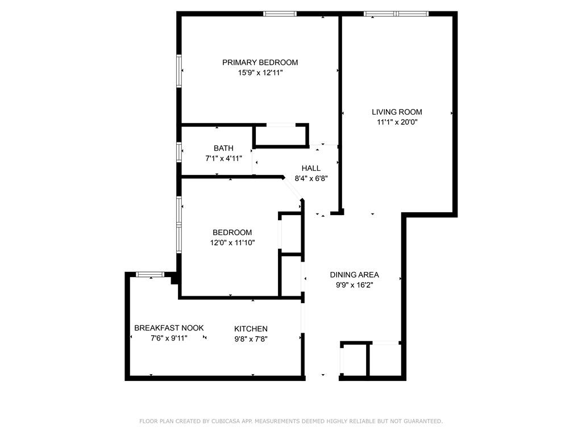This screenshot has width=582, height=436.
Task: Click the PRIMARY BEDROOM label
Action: [x=260, y=62]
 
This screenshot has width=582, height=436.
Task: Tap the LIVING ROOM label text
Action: [x=397, y=112]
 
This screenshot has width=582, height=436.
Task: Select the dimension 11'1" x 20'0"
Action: [x=397, y=121]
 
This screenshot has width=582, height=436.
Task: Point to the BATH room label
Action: [x=223, y=148]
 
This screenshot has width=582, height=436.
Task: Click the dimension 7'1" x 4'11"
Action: [x=223, y=158]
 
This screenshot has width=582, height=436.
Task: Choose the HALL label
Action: [x=311, y=168]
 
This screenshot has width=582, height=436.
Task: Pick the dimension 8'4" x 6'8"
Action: [x=311, y=178]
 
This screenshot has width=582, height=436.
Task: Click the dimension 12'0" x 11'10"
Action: [x=232, y=242]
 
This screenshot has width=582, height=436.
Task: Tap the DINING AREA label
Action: [x=354, y=275]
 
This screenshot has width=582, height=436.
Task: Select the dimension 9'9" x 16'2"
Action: [x=354, y=285]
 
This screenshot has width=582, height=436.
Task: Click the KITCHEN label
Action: [x=251, y=329]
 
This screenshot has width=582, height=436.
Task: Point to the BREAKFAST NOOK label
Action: [x=169, y=328]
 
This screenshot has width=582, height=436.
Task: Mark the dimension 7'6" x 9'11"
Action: [x=169, y=338]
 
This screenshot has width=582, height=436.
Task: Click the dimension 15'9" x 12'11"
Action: [x=260, y=73]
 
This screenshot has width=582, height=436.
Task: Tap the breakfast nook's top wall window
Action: [x=150, y=275]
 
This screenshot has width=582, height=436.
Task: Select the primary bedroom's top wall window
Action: [x=280, y=14]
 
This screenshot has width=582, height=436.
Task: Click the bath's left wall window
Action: [x=179, y=152]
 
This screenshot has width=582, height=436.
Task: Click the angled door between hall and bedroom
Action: [x=293, y=189]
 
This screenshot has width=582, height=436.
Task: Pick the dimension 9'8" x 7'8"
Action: [x=251, y=339]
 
